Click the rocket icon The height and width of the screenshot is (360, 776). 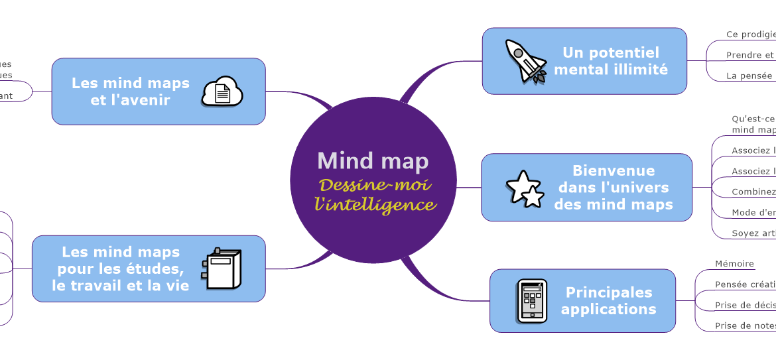click(x=524, y=61)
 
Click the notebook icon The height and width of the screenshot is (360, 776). click(x=222, y=269)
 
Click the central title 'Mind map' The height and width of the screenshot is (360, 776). click(x=373, y=160)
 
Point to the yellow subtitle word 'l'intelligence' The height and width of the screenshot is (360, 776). click(x=375, y=204)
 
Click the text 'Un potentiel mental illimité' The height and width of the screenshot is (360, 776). click(x=611, y=61)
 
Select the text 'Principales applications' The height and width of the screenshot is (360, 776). click(x=609, y=300)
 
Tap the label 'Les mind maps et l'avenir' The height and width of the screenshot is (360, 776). click(x=131, y=91)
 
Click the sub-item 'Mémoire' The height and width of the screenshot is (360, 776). click(x=734, y=264)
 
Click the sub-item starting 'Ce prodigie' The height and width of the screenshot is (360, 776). click(x=750, y=34)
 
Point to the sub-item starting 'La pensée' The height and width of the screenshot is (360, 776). click(x=749, y=76)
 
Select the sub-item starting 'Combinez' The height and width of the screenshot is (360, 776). click(x=753, y=192)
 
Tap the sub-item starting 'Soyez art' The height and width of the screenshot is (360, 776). click(x=753, y=233)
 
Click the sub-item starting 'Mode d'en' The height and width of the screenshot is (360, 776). click(x=753, y=213)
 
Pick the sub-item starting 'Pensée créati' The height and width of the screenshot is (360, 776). click(x=745, y=284)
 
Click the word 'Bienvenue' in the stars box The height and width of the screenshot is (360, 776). click(x=614, y=171)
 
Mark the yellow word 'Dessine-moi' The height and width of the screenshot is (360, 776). click(x=375, y=184)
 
